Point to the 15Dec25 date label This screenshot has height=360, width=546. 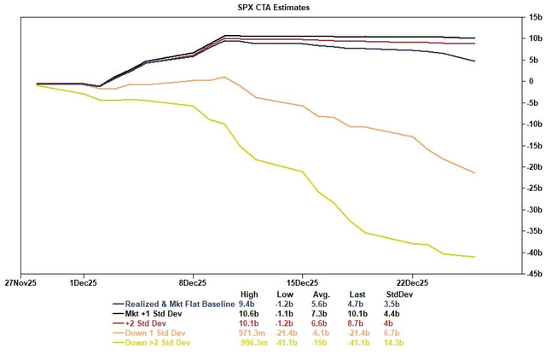coord(302,281)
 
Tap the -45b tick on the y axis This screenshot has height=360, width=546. coord(511,275)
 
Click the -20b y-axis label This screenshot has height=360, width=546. coord(511,167)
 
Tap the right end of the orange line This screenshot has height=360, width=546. coord(475,173)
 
